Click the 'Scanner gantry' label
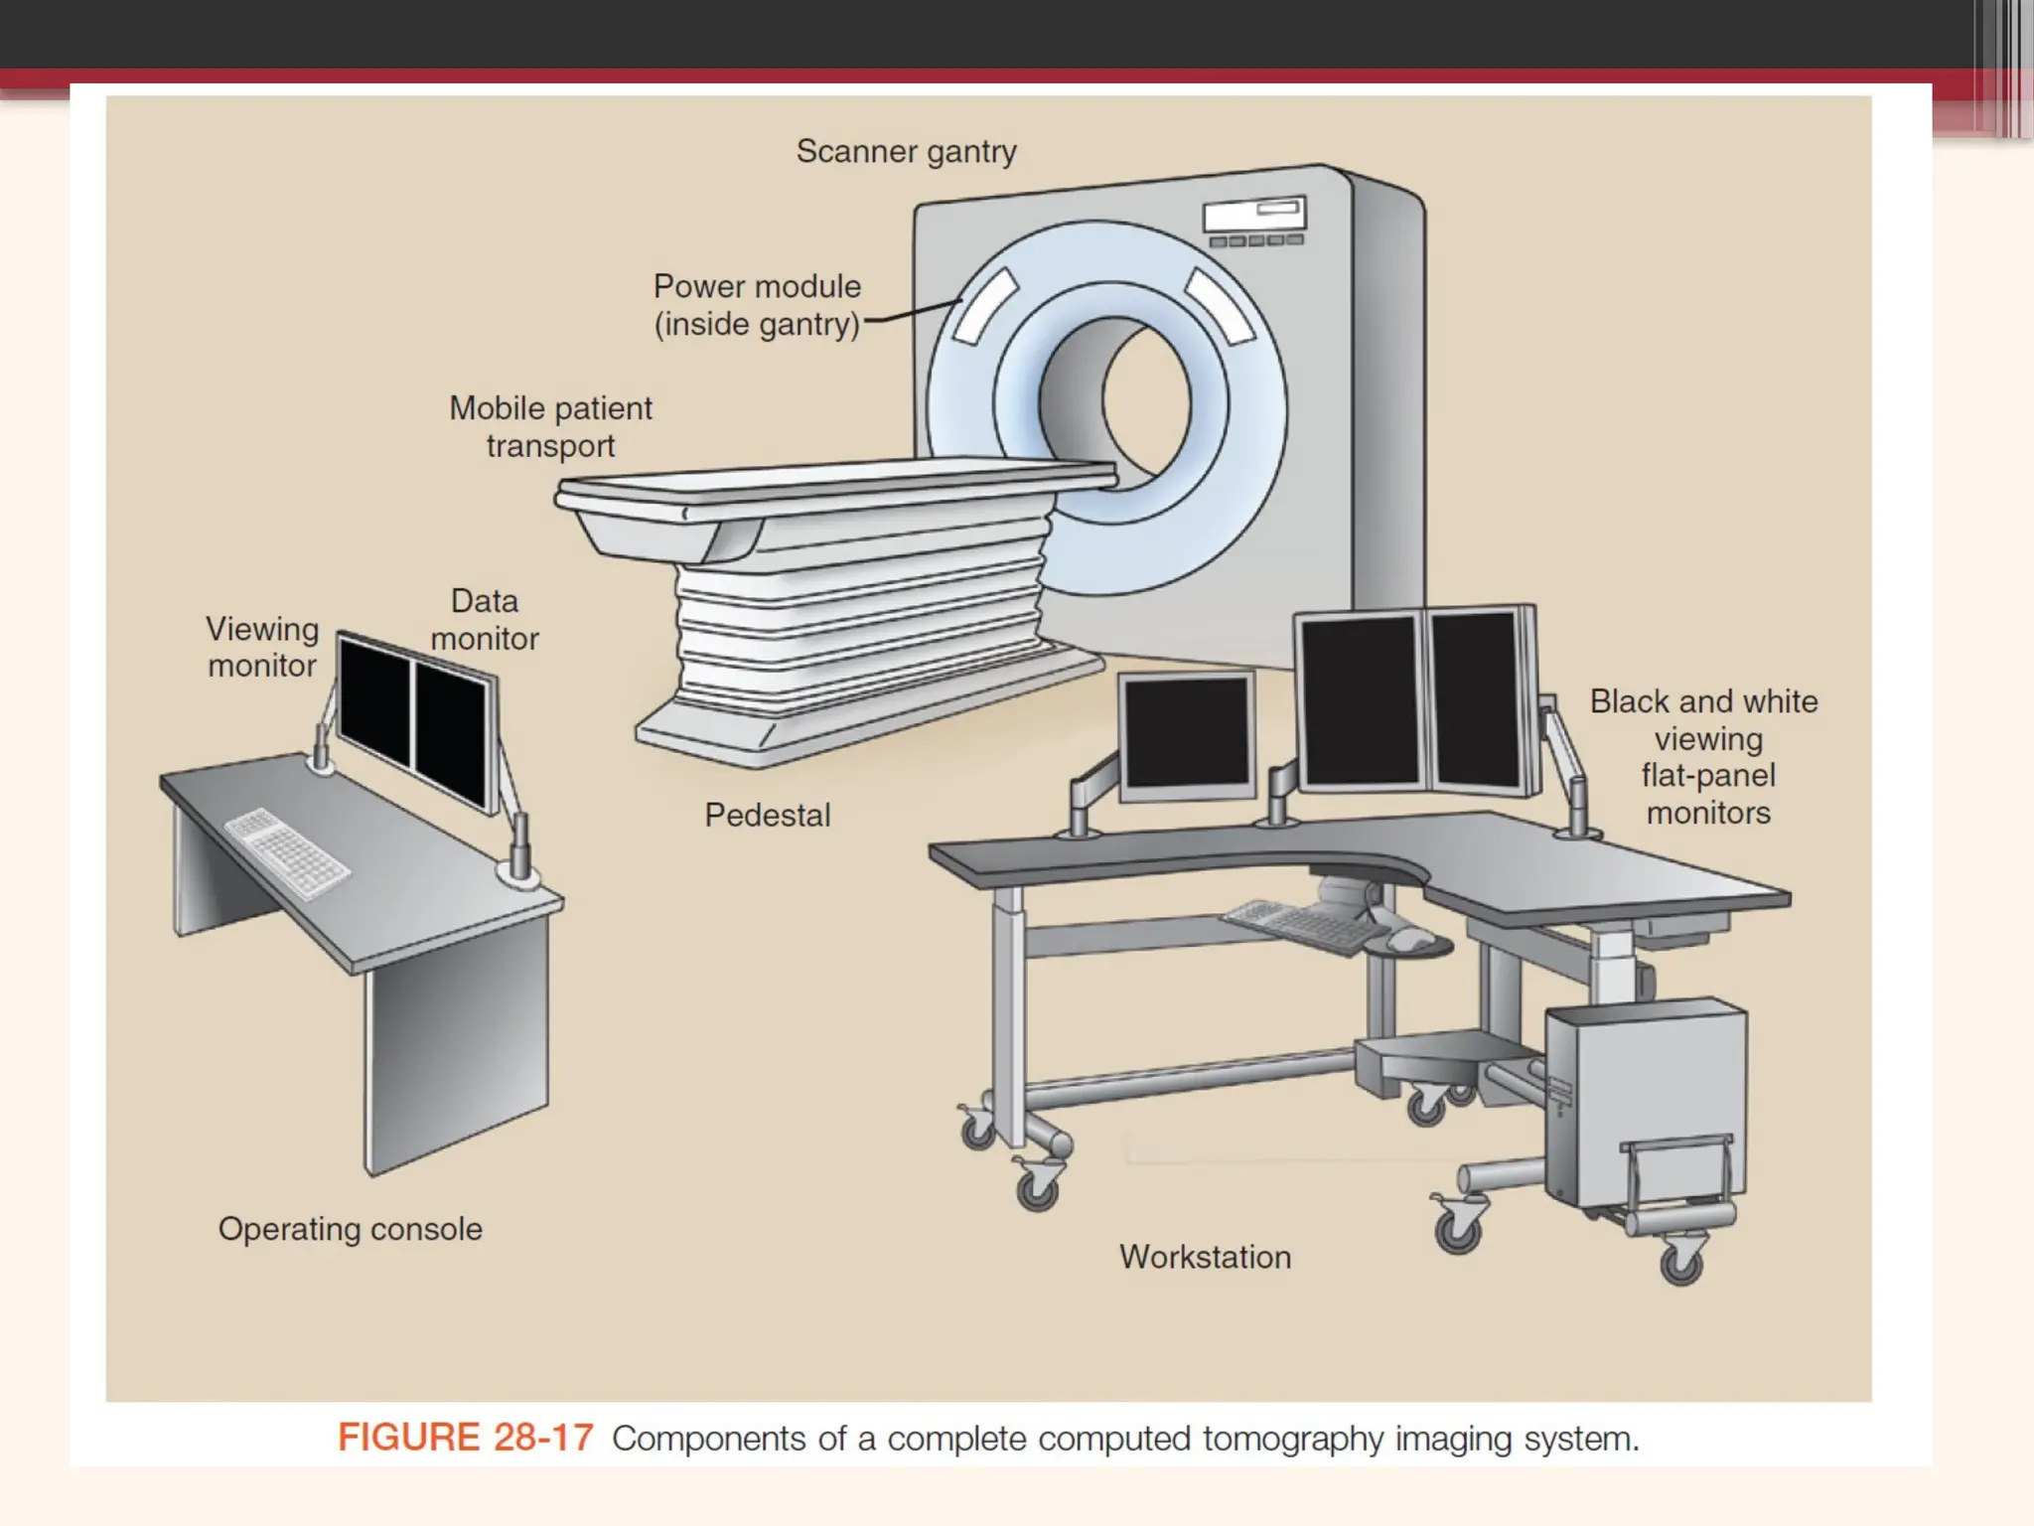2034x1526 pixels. (x=906, y=152)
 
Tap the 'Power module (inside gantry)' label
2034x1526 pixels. (x=757, y=305)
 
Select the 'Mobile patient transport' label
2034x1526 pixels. (x=550, y=427)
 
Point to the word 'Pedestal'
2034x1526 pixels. (x=767, y=816)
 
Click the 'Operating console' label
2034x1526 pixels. (x=350, y=1229)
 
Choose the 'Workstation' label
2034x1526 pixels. (x=1205, y=1257)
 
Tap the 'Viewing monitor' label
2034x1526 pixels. (x=262, y=647)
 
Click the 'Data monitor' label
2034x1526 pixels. (x=485, y=620)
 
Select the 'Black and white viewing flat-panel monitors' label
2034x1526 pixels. (x=1704, y=757)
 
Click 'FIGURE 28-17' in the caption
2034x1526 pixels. (x=465, y=1438)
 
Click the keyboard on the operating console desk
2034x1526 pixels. (x=287, y=852)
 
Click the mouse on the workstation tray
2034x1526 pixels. (x=1408, y=938)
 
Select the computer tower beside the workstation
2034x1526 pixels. (x=1644, y=1103)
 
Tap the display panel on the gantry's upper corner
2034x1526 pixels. (x=1254, y=216)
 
